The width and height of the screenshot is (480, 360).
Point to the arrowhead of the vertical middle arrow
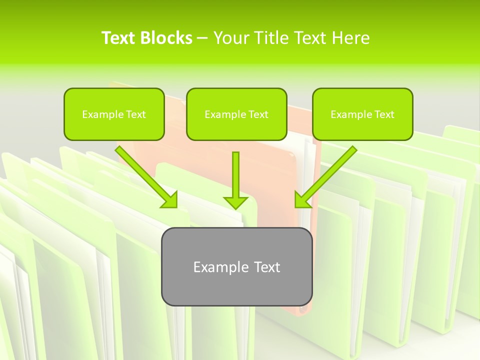235,202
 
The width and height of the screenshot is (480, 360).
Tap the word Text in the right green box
383,114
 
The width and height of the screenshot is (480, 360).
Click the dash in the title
202,38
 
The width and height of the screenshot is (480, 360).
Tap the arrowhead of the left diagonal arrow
170,199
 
